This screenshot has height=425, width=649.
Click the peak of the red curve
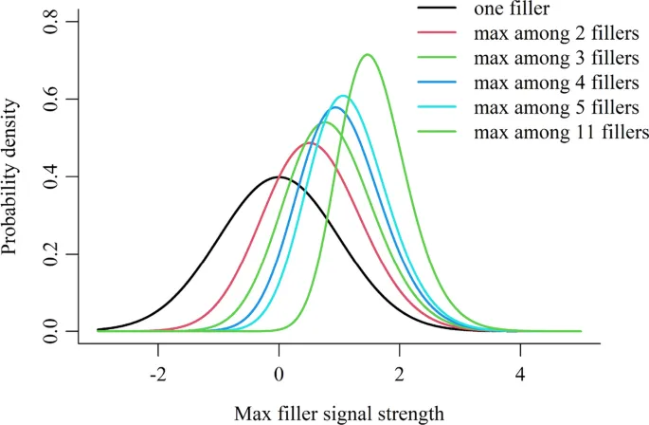tap(309, 143)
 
